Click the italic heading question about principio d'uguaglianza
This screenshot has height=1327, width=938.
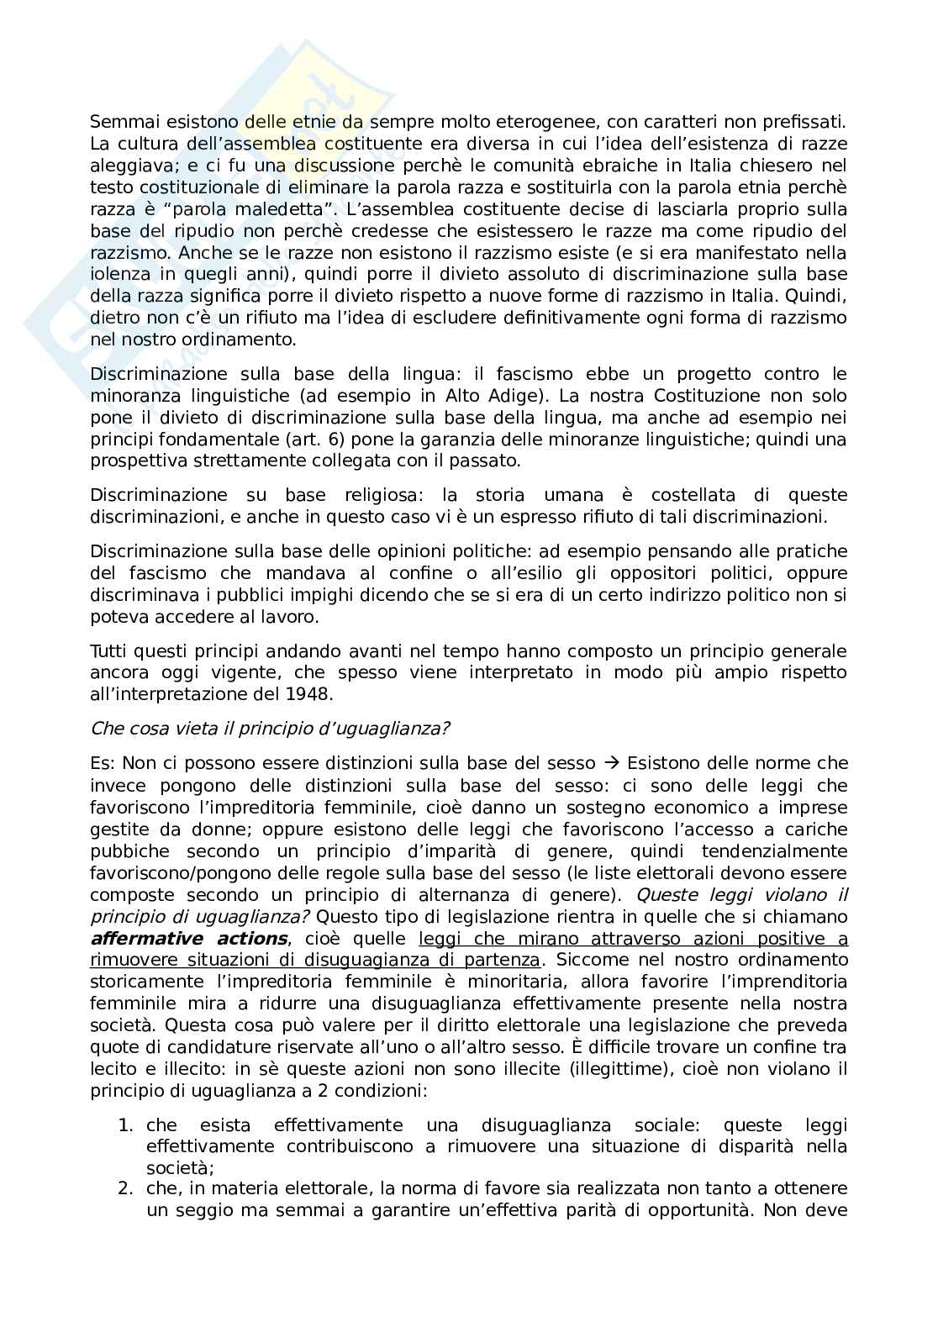[x=269, y=729]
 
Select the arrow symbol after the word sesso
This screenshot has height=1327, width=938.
[x=611, y=764]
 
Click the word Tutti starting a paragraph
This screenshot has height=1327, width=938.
[x=110, y=651]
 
